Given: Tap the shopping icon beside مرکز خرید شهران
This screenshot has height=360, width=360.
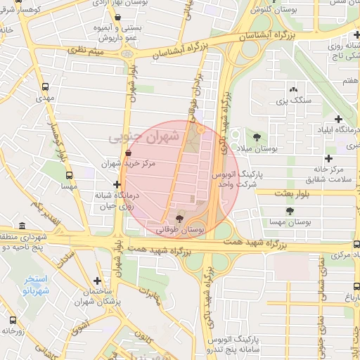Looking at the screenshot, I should click(127, 153).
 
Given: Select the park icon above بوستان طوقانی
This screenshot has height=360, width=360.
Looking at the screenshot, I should click(179, 219).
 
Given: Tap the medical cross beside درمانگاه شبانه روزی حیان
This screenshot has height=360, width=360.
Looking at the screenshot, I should click(117, 184).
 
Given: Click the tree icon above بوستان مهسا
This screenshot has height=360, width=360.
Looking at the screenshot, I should click(289, 211).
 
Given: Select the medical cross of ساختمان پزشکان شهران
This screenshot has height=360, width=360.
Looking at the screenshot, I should click(97, 281).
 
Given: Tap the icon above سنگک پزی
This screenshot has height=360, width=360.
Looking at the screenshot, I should click(292, 89).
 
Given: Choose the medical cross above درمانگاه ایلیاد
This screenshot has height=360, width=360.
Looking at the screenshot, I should click(339, 119).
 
